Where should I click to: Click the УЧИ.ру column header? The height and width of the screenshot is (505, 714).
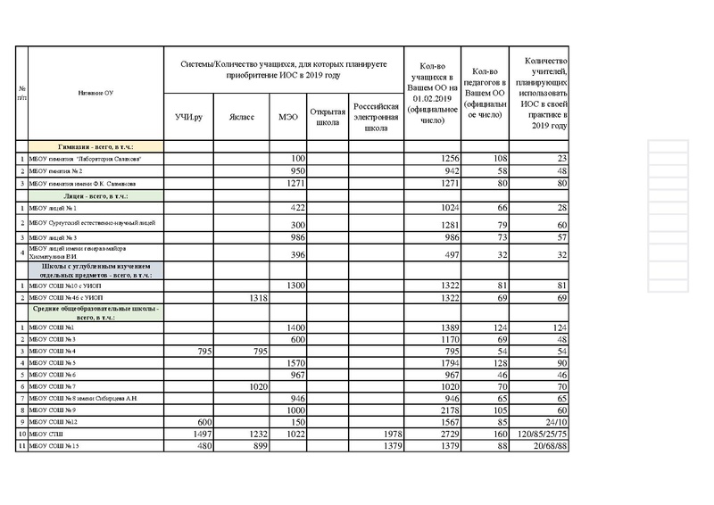tap(188, 117)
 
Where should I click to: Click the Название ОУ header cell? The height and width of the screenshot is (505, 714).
tap(95, 92)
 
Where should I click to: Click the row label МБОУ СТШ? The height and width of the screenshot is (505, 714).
tap(45, 433)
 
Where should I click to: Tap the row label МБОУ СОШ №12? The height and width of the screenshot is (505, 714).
tap(54, 420)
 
